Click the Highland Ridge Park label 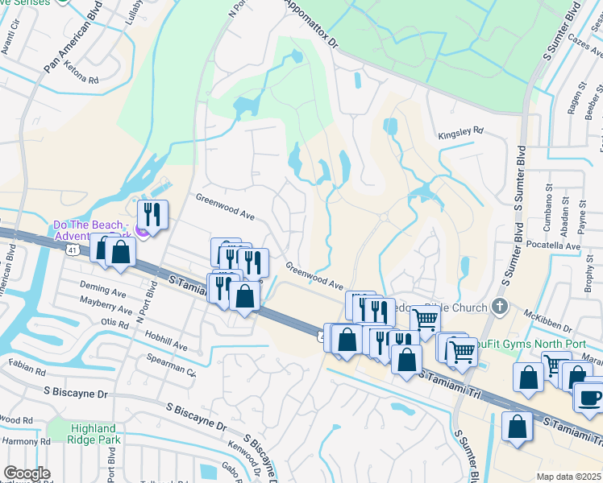point(94,435)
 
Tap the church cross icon point(500,306)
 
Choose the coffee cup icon point(588,397)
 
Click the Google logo point(27,474)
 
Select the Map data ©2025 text point(568,477)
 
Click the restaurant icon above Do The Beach point(151,214)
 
